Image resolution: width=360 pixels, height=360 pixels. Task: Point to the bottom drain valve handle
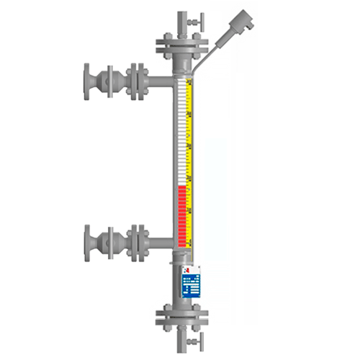(x=192, y=341)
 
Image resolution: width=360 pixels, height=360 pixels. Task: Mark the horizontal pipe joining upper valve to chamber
(x=160, y=75)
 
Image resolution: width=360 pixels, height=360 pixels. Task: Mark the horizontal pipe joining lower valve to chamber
(x=160, y=238)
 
